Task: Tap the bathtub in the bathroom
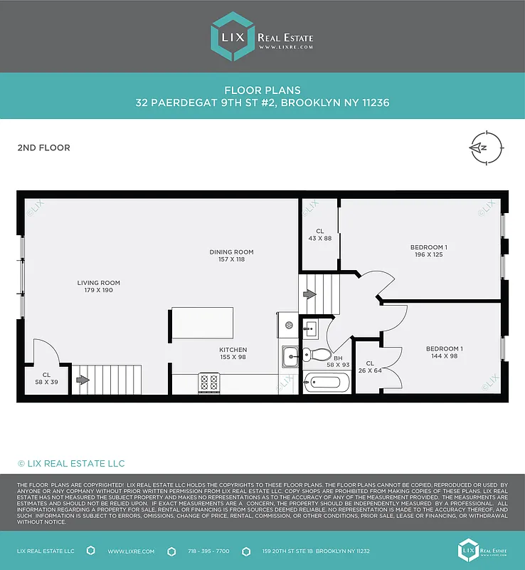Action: coord(327,383)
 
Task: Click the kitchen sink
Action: coord(290,354)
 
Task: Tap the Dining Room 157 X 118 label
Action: coord(231,256)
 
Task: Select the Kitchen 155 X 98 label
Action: coord(233,353)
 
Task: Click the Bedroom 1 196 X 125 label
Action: coord(428,251)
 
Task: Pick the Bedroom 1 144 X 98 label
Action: coord(444,352)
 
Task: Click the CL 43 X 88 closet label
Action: coord(319,234)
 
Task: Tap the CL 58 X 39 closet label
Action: coord(46,378)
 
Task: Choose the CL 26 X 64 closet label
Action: coord(370,367)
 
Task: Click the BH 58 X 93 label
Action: coord(338,361)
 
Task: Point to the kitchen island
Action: coord(202,323)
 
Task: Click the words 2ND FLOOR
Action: coord(43,148)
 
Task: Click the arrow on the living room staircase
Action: coord(83,380)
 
